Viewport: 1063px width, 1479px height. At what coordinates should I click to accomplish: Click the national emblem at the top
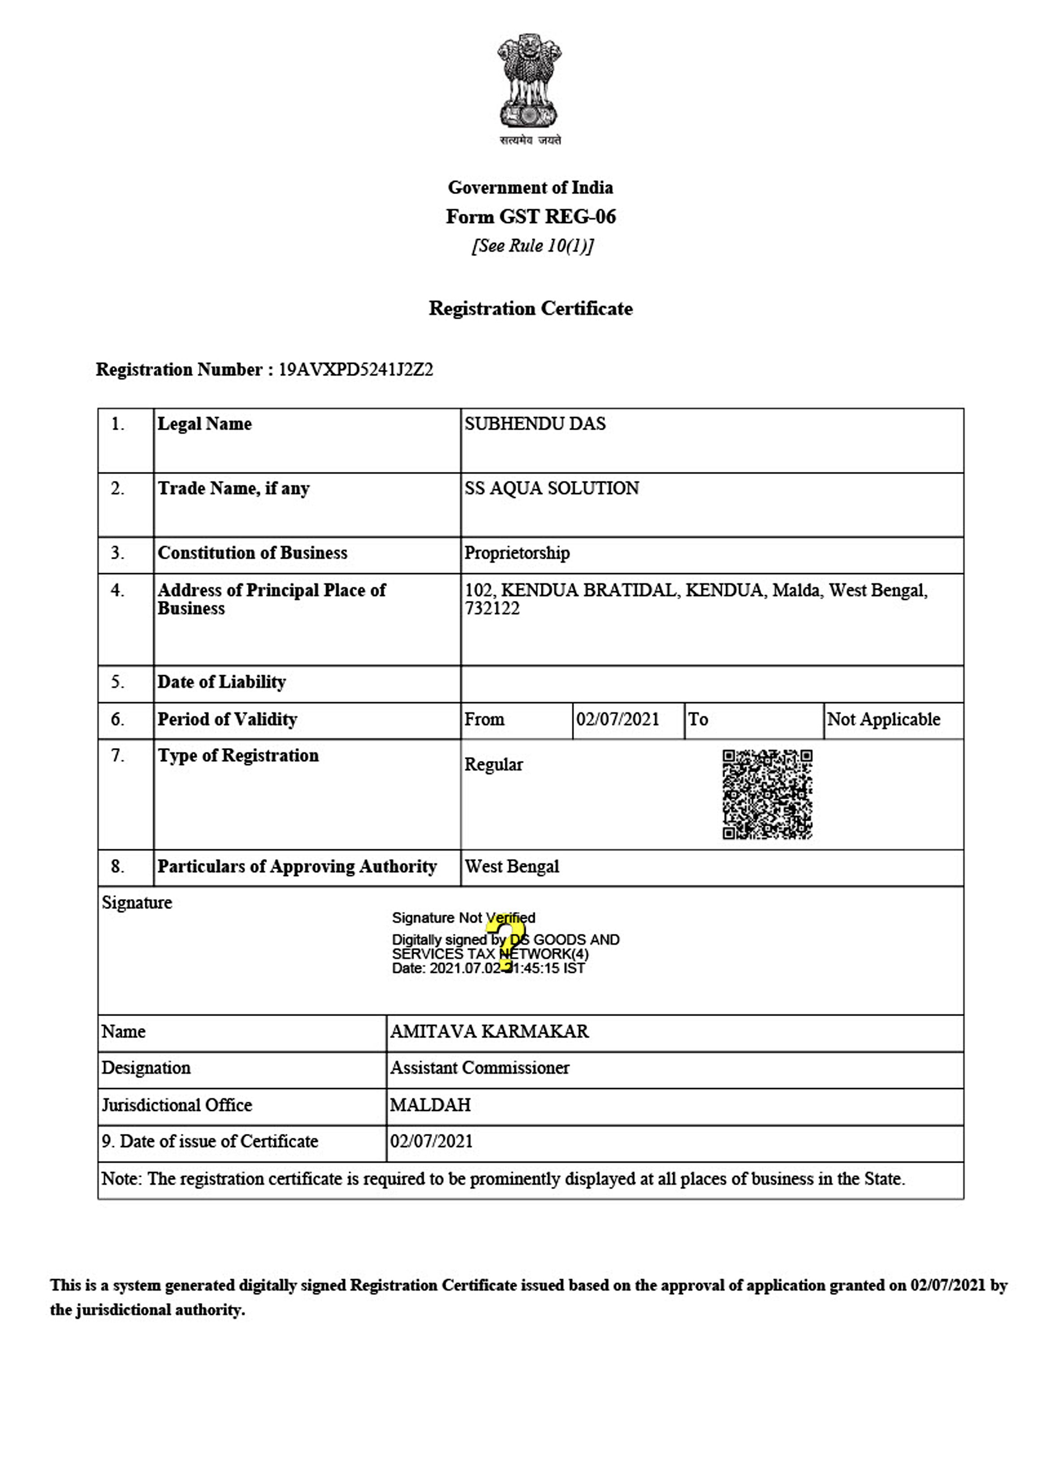(530, 82)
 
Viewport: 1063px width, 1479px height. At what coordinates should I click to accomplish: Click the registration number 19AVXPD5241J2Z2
(355, 370)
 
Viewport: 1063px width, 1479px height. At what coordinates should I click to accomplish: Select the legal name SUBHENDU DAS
(535, 424)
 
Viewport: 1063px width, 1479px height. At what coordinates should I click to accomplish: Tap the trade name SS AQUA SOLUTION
(552, 489)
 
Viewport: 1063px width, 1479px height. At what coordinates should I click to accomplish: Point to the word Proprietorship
(517, 553)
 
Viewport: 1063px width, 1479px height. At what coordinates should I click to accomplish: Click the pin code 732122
(493, 609)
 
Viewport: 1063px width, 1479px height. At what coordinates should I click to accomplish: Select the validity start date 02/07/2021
(618, 719)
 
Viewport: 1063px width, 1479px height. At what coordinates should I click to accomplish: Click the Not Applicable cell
(884, 719)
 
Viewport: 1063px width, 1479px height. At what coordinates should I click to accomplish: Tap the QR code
(767, 794)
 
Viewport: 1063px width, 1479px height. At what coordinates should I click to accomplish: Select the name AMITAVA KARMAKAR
(489, 1031)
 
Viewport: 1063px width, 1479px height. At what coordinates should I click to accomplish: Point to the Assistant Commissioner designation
(480, 1068)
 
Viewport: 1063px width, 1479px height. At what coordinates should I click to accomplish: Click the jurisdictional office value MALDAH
(430, 1105)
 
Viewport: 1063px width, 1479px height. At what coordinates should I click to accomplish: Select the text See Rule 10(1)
(532, 246)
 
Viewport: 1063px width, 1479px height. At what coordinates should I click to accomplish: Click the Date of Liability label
(222, 682)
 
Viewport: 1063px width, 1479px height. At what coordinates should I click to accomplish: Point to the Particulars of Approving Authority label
(297, 867)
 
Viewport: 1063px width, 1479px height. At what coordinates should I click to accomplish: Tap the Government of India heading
(530, 188)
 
